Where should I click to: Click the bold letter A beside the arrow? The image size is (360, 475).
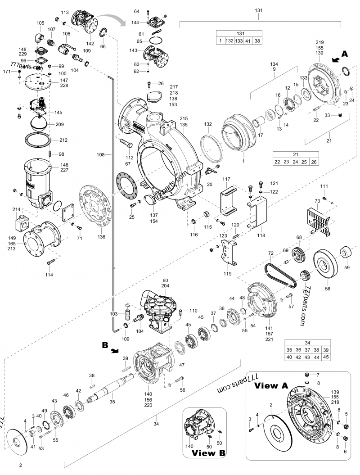[x=345, y=53]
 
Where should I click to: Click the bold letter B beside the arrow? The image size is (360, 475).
[x=105, y=346]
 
